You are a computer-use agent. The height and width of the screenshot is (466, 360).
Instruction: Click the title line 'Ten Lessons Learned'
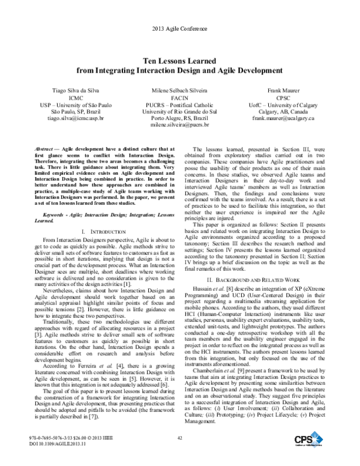(179, 61)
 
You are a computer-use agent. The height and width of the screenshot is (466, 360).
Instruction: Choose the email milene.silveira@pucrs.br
(179, 126)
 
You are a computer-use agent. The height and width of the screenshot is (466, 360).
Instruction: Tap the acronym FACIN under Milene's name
(179, 97)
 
